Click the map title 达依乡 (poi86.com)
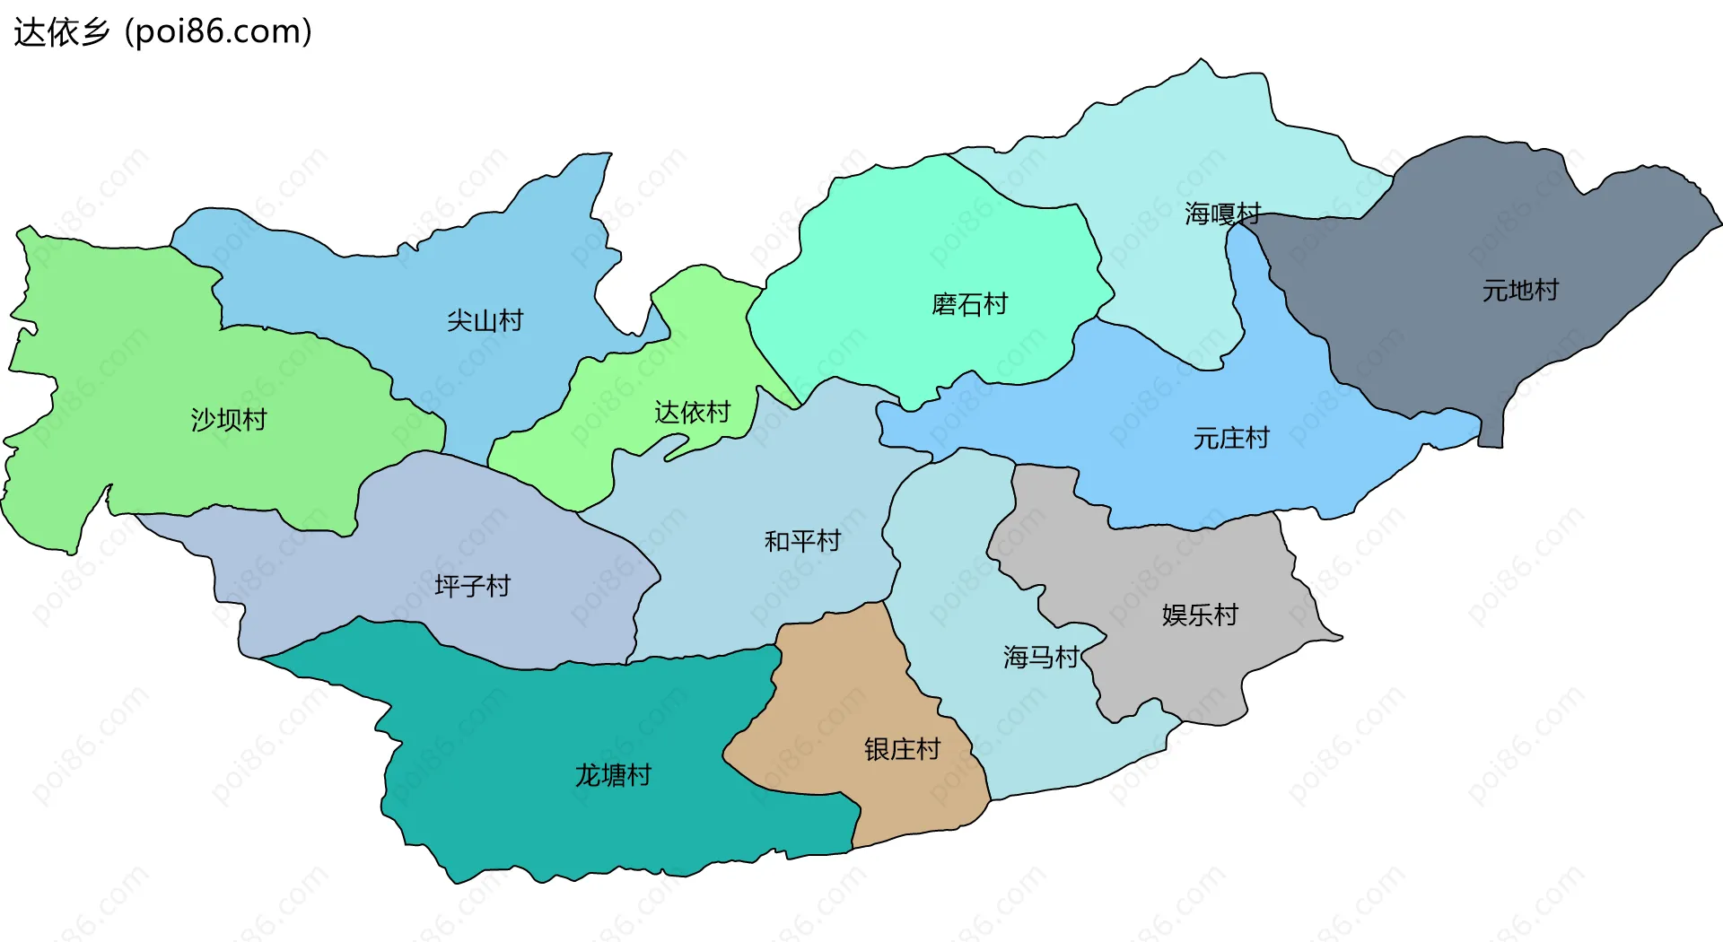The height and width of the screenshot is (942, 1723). click(162, 32)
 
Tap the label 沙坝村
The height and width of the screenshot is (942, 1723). click(229, 420)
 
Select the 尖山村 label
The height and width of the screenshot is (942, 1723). click(485, 320)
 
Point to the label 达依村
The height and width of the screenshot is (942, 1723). click(692, 413)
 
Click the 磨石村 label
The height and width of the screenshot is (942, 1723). click(969, 305)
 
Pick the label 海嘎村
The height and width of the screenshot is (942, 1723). click(1222, 214)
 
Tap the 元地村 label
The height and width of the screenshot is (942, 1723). click(1520, 291)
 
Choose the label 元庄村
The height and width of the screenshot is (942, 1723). click(1231, 439)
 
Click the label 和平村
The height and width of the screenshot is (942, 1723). click(802, 541)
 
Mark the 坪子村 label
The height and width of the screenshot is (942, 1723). click(472, 586)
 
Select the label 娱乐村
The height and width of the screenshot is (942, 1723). click(1200, 615)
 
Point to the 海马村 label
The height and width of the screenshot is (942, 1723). click(1041, 658)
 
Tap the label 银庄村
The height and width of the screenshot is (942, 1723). click(902, 749)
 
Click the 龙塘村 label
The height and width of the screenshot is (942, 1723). click(613, 775)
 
